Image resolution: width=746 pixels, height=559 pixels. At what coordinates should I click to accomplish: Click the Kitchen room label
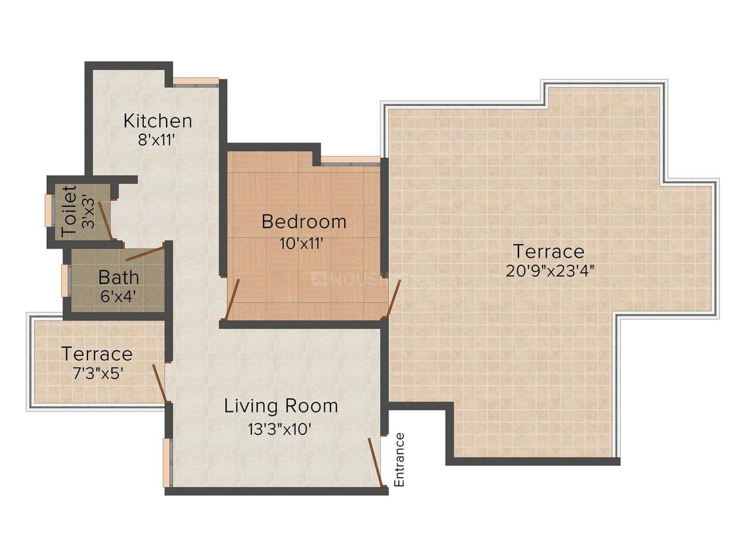(x=158, y=120)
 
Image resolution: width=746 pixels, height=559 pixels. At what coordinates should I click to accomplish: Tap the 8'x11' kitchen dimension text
(x=158, y=139)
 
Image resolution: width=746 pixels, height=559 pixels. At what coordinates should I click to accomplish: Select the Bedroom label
(x=304, y=222)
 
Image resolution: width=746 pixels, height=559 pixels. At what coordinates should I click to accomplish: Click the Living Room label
(x=281, y=406)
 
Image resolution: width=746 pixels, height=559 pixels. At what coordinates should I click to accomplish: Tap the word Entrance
(x=399, y=459)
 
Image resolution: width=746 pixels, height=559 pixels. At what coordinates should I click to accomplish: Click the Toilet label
(x=69, y=210)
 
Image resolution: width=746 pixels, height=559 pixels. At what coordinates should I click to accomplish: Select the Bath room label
(x=118, y=278)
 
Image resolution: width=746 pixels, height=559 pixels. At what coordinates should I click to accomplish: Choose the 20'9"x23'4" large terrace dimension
(x=549, y=271)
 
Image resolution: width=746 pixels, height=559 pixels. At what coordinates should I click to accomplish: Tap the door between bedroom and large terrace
(x=393, y=299)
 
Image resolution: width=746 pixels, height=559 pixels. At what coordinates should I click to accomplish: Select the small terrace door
(x=159, y=384)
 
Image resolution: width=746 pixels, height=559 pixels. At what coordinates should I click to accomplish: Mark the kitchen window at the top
(x=196, y=82)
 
